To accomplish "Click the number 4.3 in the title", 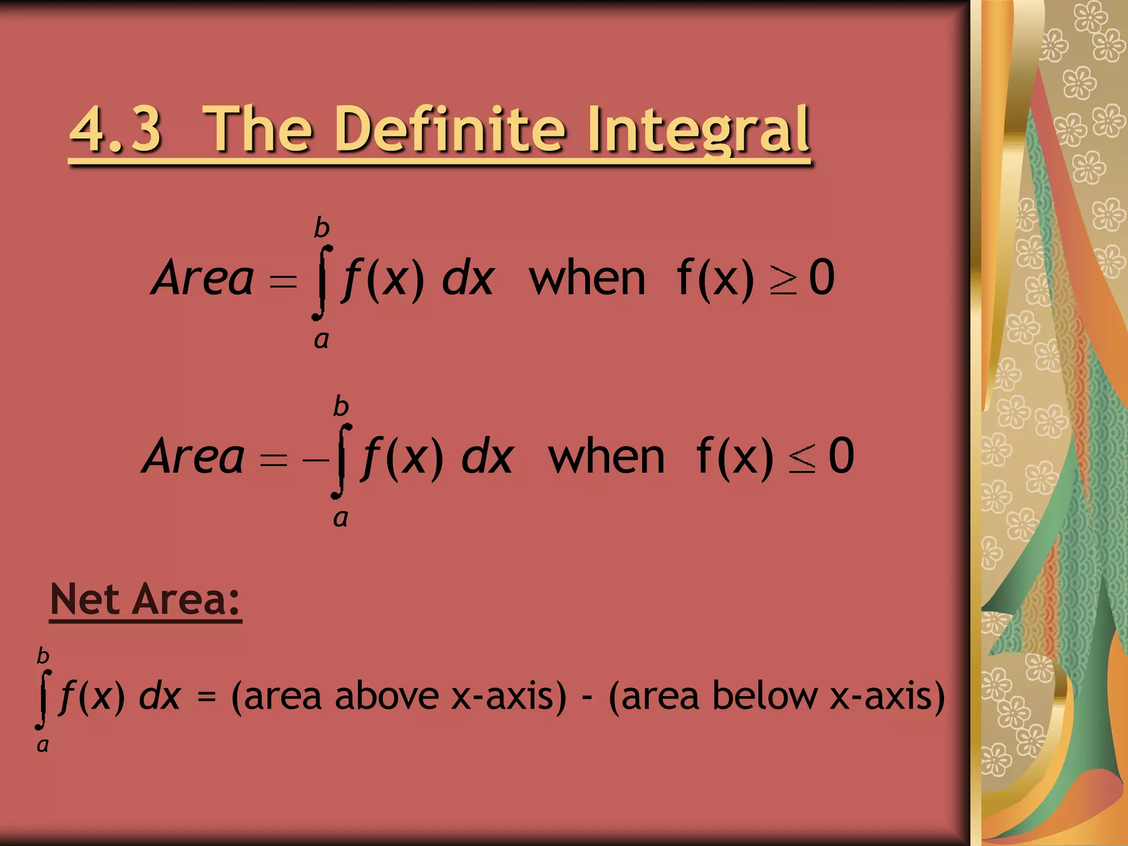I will pos(116,130).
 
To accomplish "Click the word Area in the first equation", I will pos(203,278).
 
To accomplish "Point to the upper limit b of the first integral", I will pos(322,227).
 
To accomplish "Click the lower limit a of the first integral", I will pos(321,339).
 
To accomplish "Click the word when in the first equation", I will pos(587,279).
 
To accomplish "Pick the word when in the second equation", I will pos(606,457).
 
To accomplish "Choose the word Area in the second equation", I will pos(193,457).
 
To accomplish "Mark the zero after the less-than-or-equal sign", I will pos(841,456).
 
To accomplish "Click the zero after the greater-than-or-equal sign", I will pos(822,278).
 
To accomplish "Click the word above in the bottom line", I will pos(386,696).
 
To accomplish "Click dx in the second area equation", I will pos(487,457).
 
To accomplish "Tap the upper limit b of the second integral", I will pos(341,406).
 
